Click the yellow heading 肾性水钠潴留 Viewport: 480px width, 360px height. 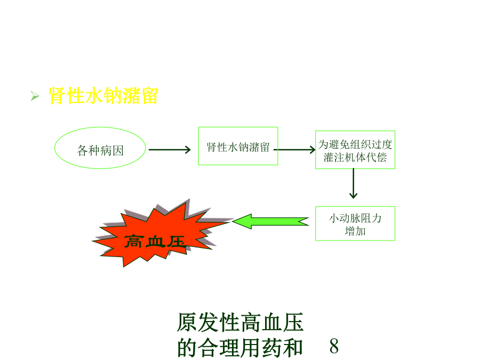pos(103,96)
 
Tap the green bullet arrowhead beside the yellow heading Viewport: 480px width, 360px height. pos(35,96)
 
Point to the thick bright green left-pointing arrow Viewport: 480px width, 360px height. pos(271,221)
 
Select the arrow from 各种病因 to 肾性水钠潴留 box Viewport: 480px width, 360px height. pos(170,150)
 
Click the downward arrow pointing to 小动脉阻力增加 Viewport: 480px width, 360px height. pos(353,183)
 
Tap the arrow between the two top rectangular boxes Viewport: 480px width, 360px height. pos(294,150)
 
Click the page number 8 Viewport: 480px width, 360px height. pos(334,346)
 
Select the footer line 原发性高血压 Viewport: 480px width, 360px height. pos(241,323)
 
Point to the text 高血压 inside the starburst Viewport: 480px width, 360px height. pos(155,242)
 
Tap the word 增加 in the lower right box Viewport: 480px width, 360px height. pos(355,231)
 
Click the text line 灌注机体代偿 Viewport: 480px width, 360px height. pos(355,157)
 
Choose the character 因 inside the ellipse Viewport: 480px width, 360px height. pos(118,150)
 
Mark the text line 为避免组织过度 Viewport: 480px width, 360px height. pos(355,145)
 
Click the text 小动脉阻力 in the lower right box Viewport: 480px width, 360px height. pos(355,218)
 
